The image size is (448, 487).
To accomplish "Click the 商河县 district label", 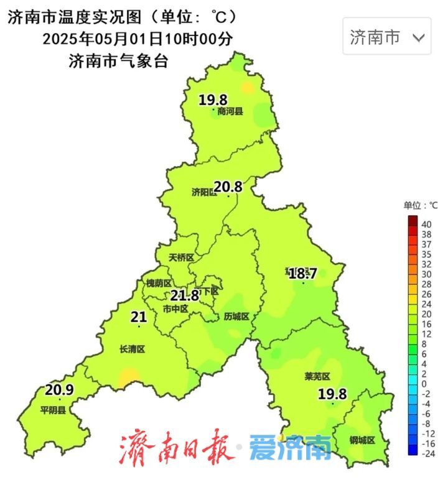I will [230, 112].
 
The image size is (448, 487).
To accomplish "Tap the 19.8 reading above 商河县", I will [213, 100].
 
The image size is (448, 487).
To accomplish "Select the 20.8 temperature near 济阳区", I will [227, 185].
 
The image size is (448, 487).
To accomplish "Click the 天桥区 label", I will [182, 257].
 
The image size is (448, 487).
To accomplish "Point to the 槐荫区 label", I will [159, 283].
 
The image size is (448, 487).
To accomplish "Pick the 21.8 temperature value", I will [185, 296].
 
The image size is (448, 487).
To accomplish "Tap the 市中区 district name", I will [175, 308].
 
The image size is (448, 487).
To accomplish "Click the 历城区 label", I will [236, 317].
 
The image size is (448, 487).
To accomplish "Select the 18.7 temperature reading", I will [303, 273].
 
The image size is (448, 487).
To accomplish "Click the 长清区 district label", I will [132, 350].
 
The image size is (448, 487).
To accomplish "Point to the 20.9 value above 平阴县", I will [60, 390].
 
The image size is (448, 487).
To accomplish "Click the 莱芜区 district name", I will [317, 377].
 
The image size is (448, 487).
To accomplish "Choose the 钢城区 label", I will [362, 440].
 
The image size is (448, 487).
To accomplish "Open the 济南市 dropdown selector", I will [387, 37].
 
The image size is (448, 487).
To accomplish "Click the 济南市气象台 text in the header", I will [119, 62].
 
